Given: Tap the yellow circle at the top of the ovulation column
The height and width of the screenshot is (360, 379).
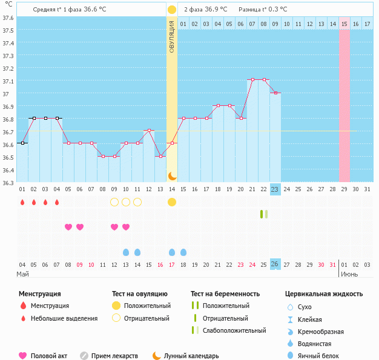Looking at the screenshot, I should point(172,10).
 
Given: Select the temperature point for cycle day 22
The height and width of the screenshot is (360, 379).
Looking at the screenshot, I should point(264,79).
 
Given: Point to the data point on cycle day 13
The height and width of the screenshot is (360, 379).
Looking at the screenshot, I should point(160,156).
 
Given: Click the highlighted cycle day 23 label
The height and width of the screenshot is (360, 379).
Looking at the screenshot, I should point(275,189).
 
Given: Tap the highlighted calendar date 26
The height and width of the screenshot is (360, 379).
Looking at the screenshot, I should point(275,264).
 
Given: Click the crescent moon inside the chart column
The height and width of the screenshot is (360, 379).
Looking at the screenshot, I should point(172,175).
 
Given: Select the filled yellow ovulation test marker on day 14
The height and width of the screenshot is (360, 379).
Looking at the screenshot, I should point(172,202).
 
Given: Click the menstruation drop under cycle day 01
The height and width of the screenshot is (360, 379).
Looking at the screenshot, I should point(22,202).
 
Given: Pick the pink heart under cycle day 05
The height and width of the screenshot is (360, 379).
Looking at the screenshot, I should point(68,227).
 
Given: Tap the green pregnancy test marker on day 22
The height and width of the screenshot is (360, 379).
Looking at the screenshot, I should point(263,214).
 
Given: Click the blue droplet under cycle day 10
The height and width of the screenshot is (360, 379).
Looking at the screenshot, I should point(126,252).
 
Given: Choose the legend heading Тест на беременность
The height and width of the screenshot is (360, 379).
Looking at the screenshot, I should point(225,294).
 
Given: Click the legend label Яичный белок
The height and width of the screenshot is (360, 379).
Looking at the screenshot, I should point(322,356).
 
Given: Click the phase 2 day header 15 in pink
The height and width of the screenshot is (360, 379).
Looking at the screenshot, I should point(344,24).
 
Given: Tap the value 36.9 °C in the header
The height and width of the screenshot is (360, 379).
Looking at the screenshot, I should point(216,10).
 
